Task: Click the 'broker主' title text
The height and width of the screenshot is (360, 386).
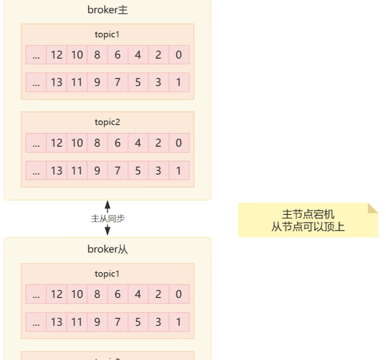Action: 107,10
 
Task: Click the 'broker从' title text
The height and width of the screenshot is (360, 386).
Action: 107,249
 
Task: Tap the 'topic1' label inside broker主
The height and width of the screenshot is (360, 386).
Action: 107,35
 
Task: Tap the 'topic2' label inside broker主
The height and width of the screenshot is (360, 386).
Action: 107,122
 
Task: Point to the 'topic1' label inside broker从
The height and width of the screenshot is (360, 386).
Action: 107,274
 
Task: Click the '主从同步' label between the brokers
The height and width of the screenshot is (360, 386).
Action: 108,218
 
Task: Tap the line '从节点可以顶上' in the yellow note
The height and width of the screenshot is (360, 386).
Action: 308,227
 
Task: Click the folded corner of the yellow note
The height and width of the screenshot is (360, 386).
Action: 373,208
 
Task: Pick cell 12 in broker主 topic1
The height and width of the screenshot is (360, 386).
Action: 57,55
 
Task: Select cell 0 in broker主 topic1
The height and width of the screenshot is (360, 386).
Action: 179,55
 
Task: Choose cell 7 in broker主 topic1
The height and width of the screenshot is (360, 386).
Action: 118,82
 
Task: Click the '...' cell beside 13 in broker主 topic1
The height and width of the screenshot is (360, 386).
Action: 36,82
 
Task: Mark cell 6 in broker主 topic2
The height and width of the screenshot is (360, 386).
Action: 118,143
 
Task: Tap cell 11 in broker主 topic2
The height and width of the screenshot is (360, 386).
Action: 77,170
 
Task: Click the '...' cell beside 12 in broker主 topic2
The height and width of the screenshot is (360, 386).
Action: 36,143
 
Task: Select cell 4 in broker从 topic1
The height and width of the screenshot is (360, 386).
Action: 138,294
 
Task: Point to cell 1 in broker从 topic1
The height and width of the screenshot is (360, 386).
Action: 179,322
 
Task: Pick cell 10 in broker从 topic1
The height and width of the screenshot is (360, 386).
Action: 77,294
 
